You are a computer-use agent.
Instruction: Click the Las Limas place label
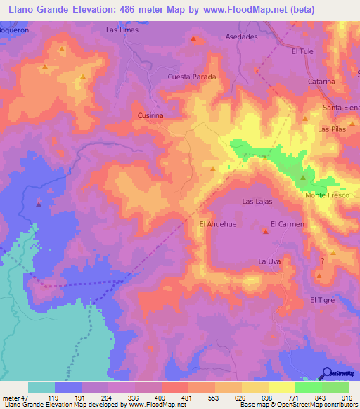point(122,30)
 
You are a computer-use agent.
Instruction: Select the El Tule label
point(302,51)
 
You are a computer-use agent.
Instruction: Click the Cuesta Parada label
point(191,77)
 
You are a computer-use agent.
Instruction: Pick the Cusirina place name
point(150,113)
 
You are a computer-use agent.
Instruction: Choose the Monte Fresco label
point(327,195)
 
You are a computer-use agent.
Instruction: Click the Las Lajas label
point(257,201)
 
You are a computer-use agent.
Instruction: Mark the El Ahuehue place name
point(215,224)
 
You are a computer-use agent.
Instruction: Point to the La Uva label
point(270,261)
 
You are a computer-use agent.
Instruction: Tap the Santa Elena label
point(340,107)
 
